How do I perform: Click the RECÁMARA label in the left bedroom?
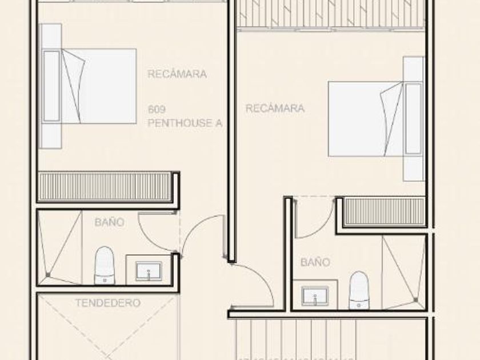point(177,74)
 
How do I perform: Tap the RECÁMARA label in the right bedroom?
point(275,108)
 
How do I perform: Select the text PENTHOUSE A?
point(184,123)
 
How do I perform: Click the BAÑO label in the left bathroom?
point(109,222)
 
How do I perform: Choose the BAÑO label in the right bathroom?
point(315,262)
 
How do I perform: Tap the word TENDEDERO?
point(107,303)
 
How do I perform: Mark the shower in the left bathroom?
point(59,247)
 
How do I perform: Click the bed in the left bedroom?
point(97,86)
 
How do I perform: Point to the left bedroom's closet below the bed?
point(105,186)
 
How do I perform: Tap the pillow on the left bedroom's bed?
point(51,86)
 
